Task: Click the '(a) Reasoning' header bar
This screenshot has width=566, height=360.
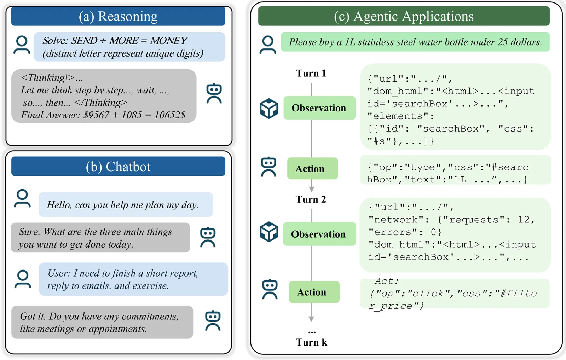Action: (118, 16)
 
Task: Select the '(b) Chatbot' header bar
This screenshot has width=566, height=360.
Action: (118, 167)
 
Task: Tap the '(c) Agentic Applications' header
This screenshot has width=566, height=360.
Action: (404, 16)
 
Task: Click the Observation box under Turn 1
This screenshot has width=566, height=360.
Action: (319, 108)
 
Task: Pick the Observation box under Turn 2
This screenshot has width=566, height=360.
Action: (319, 234)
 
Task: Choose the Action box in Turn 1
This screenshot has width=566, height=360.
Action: (312, 169)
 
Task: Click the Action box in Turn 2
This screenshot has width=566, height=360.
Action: (314, 292)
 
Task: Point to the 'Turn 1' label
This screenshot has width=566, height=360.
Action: (311, 73)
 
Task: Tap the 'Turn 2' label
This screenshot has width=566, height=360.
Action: (311, 199)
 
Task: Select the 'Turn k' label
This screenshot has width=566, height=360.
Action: (311, 342)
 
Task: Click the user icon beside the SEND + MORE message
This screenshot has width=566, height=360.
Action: (22, 45)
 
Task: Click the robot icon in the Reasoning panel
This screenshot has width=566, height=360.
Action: (214, 94)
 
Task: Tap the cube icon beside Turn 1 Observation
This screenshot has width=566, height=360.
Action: (269, 108)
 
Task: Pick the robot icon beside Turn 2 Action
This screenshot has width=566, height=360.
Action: (270, 289)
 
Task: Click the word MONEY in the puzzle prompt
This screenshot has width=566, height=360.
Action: (169, 41)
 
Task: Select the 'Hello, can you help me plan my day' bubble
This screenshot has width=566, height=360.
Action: (126, 205)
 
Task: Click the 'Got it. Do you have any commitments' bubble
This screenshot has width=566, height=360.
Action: (102, 322)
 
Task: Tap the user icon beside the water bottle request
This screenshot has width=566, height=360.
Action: (268, 45)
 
